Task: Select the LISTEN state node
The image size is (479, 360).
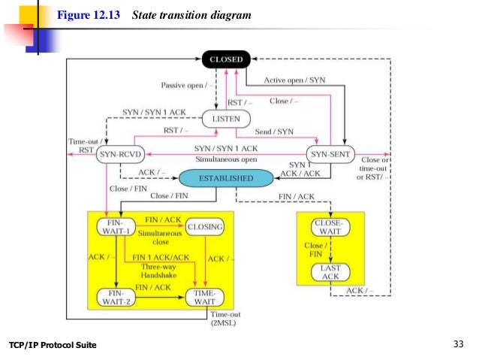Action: tap(224, 118)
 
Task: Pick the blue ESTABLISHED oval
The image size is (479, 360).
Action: tap(225, 178)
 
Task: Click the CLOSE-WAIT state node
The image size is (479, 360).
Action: tap(330, 226)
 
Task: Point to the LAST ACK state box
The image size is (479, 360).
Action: tap(330, 272)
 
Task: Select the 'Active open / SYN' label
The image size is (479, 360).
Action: tap(295, 80)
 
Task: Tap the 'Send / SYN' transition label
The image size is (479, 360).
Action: tap(273, 132)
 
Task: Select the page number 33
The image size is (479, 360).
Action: tap(459, 344)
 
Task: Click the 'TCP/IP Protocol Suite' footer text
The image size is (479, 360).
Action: tap(53, 345)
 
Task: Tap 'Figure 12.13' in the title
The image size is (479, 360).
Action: tap(89, 14)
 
